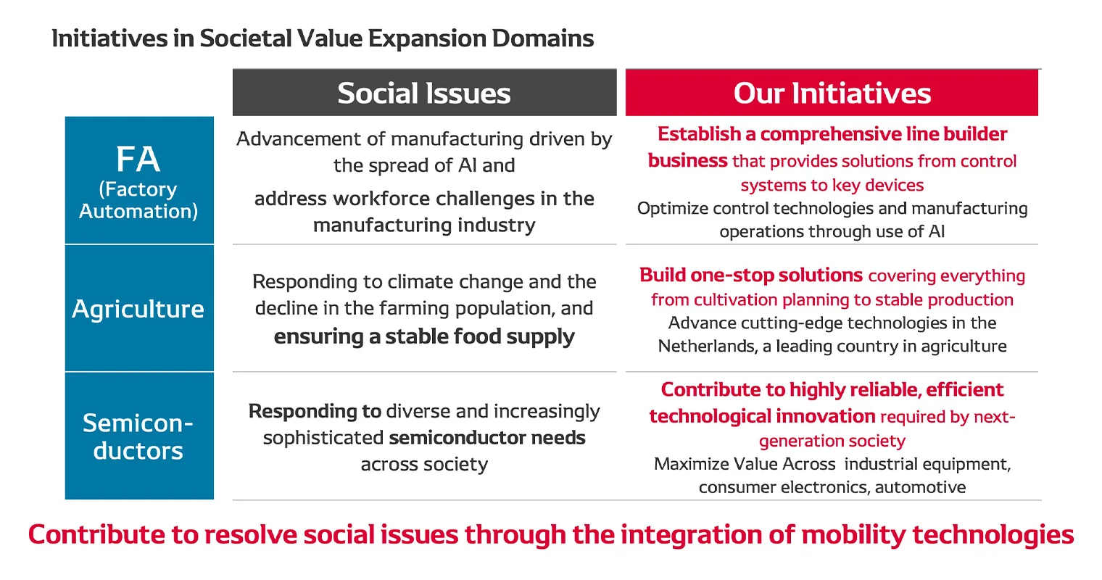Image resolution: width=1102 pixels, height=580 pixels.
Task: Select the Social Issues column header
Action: [424, 94]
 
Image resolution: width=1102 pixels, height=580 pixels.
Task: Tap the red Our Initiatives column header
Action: [832, 94]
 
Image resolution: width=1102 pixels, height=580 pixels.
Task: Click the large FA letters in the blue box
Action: [138, 159]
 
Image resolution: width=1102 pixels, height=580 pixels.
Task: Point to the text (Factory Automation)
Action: [138, 200]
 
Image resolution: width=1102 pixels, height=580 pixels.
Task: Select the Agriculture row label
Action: [138, 309]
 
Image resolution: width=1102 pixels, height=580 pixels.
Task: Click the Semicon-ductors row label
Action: [138, 436]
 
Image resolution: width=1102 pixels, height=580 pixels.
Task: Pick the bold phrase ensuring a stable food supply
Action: [424, 336]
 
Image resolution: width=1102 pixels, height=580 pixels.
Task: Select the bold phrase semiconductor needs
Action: [487, 438]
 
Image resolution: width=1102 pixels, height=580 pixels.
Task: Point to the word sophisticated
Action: [323, 438]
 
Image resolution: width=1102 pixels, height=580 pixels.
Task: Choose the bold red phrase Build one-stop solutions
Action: [750, 275]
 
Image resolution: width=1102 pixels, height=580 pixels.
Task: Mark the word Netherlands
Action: [708, 347]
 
